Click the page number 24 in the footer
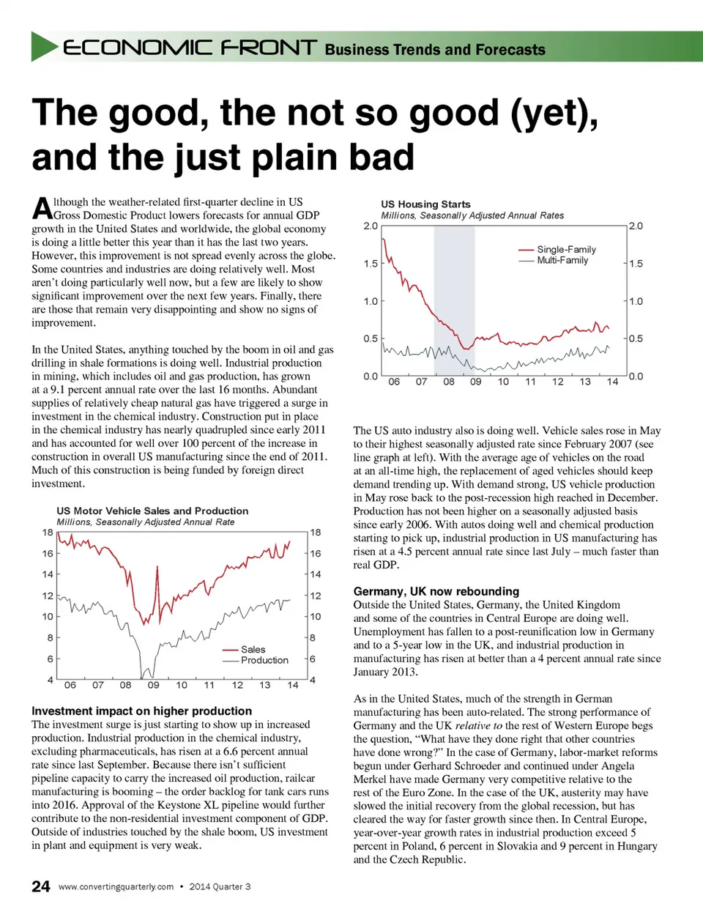coord(41,886)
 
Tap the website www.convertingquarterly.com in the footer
coord(116,887)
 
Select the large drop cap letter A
coord(42,208)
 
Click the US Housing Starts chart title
coord(425,204)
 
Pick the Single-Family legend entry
coord(566,249)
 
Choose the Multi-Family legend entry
coord(562,260)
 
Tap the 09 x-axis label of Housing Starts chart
coord(476,382)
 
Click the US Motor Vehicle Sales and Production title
coord(152,511)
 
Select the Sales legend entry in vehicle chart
coord(253,649)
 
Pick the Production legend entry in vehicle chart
coord(264,660)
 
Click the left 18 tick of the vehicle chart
coord(48,533)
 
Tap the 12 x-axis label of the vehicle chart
coord(237,685)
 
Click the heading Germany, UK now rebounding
coord(436,591)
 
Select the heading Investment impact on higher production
coord(141,711)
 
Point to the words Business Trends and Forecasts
coord(435,50)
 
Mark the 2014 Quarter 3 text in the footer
coord(220,887)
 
